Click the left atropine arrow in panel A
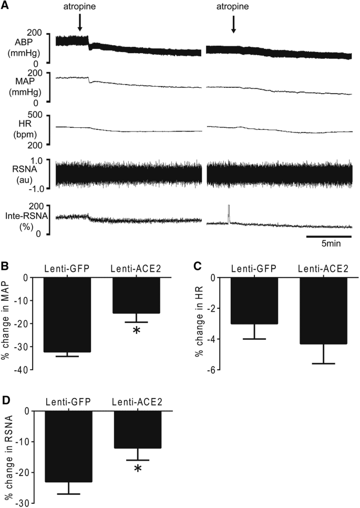coord(79,22)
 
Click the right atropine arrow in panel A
coord(234,23)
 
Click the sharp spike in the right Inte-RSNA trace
coord(229,213)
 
